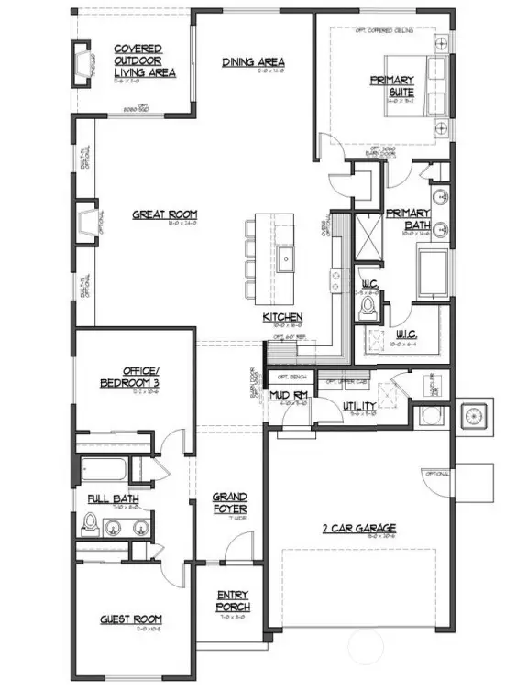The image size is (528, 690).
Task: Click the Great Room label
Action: click(x=165, y=214)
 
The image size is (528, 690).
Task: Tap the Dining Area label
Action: click(x=253, y=62)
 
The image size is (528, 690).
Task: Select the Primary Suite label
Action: click(x=392, y=85)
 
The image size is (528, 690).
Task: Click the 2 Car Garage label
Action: click(x=358, y=528)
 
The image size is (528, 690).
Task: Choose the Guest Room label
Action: click(x=131, y=619)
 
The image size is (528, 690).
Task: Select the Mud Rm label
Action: click(x=286, y=395)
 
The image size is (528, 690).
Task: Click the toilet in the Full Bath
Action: click(x=90, y=522)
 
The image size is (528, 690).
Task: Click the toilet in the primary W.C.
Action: click(x=369, y=306)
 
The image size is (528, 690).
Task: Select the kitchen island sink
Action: click(x=286, y=255)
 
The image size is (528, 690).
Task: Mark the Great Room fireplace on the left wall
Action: click(x=88, y=223)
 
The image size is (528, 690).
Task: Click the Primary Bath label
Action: click(x=407, y=219)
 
